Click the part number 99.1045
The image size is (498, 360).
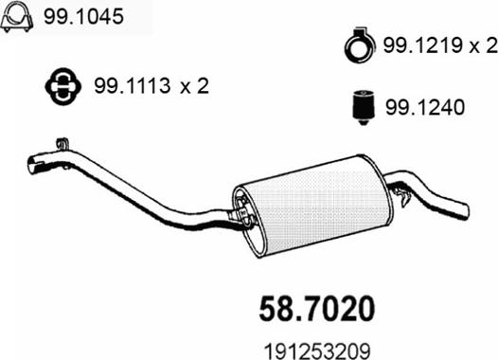[83, 16]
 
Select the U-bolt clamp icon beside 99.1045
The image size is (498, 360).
[17, 16]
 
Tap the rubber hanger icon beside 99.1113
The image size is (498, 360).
[62, 86]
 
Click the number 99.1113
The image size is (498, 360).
[133, 86]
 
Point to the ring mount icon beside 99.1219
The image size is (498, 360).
[360, 45]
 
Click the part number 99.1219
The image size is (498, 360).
[422, 46]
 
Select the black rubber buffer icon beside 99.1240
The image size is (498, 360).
[364, 107]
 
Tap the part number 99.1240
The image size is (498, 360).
[425, 107]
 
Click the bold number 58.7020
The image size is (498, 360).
[316, 308]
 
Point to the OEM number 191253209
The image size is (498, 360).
[317, 351]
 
